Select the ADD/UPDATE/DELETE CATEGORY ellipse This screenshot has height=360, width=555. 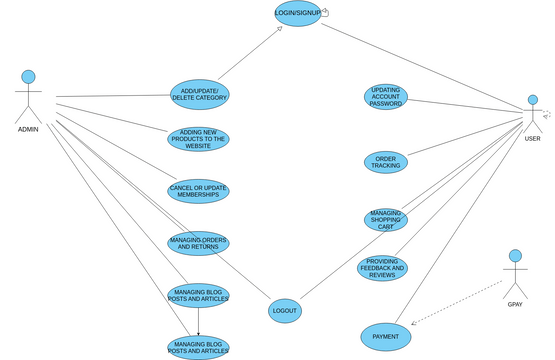pyautogui.click(x=199, y=94)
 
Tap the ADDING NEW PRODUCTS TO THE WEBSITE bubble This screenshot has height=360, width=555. pyautogui.click(x=198, y=139)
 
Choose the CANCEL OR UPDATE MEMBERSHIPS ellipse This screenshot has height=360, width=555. pyautogui.click(x=198, y=190)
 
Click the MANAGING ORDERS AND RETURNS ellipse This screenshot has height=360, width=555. pyautogui.click(x=198, y=243)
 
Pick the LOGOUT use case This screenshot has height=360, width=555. pyautogui.click(x=284, y=311)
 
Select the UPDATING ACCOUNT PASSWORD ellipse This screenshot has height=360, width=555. pyautogui.click(x=385, y=97)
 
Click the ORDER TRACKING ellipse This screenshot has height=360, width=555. pyautogui.click(x=386, y=162)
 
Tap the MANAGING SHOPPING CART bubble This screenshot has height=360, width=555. pyautogui.click(x=385, y=219)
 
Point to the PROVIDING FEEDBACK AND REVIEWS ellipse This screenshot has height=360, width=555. pyautogui.click(x=382, y=267)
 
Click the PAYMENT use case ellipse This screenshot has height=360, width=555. pyautogui.click(x=385, y=337)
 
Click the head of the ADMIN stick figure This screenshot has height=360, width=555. pyautogui.click(x=29, y=77)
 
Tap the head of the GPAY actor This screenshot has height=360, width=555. pyautogui.click(x=515, y=256)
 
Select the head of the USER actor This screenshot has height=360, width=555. pyautogui.click(x=533, y=100)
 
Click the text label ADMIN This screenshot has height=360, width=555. pyautogui.click(x=28, y=129)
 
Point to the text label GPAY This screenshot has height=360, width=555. pyautogui.click(x=515, y=303)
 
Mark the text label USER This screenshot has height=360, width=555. pyautogui.click(x=532, y=139)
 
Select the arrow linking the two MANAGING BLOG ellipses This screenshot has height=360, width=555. pyautogui.click(x=198, y=321)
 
